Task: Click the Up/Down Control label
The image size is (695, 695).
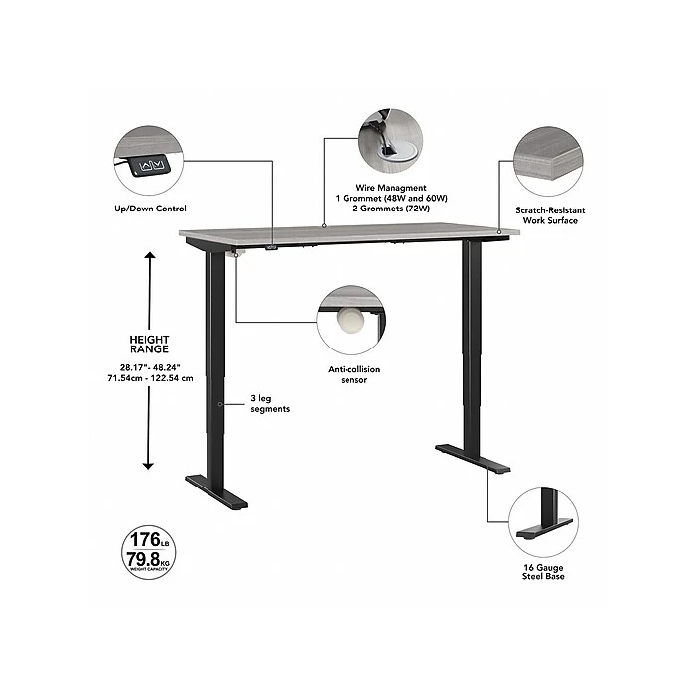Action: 150,208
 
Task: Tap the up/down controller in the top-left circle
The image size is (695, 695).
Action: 150,166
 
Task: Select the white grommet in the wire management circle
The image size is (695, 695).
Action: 397,150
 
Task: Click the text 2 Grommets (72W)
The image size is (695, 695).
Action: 391,208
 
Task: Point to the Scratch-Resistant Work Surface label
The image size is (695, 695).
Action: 550,215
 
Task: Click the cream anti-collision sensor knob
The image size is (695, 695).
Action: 350,320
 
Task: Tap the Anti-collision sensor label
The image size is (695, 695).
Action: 354,374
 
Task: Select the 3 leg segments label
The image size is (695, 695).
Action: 270,403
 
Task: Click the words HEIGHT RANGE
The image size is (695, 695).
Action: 149,344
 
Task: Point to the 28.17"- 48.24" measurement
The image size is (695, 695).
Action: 150,367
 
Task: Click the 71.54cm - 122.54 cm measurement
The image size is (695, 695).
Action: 150,378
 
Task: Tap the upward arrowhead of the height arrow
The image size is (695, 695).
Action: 150,255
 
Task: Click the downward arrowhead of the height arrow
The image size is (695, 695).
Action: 148,466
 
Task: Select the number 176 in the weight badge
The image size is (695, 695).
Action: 145,540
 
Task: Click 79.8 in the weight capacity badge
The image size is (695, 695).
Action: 143,559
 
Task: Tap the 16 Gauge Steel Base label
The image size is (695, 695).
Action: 543,572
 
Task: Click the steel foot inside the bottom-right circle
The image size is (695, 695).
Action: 544,527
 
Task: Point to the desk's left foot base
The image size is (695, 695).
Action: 216,492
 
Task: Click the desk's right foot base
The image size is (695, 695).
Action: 473,459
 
